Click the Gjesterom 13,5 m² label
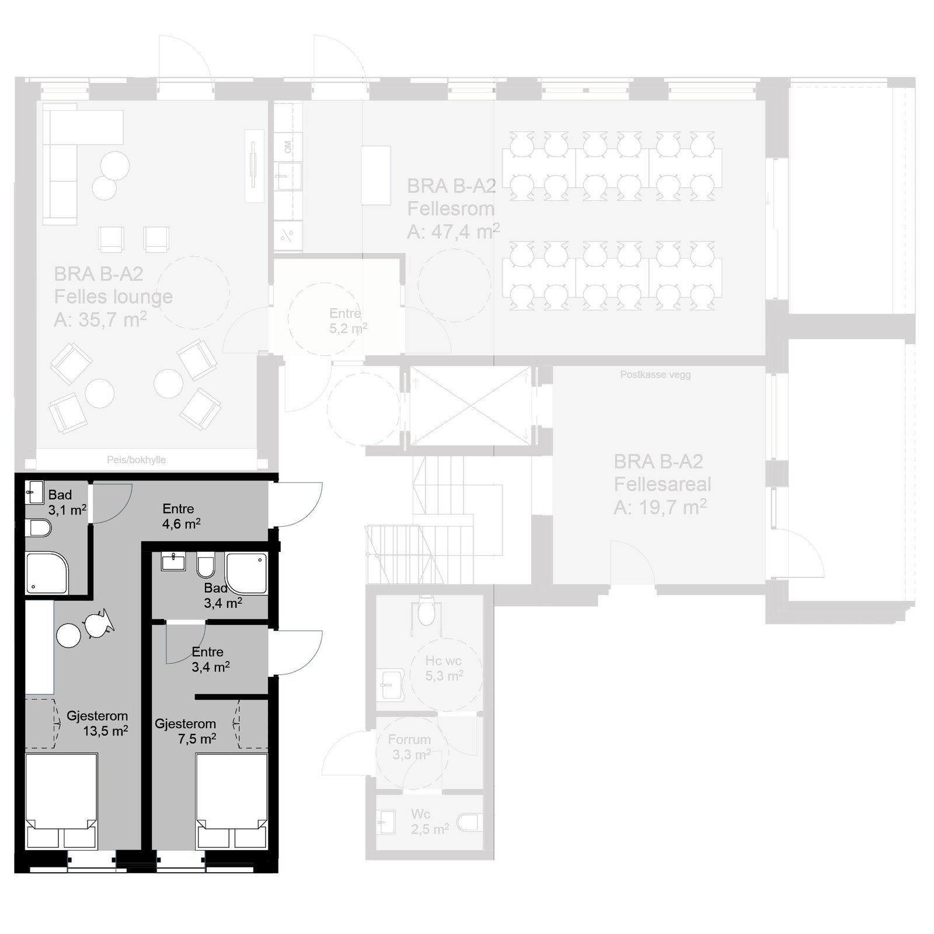click(97, 723)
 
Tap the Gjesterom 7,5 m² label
click(186, 731)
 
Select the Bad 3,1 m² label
click(67, 502)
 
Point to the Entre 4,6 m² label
click(181, 516)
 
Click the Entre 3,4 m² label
click(210, 659)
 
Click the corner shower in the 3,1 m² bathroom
click(47, 573)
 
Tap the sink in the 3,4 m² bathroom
click(172, 562)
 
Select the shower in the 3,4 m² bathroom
click(247, 573)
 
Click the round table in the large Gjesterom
click(69, 635)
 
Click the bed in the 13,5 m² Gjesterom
click(61, 800)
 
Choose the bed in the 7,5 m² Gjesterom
click(232, 800)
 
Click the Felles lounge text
click(113, 296)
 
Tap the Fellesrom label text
click(451, 208)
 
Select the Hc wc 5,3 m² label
click(444, 668)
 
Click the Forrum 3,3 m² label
click(410, 747)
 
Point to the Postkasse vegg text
click(656, 375)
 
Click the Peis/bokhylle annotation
click(136, 460)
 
